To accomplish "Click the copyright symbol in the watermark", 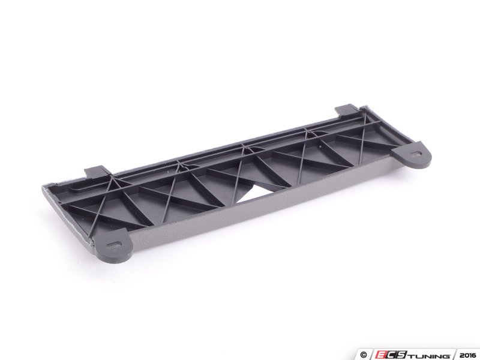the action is (364, 355).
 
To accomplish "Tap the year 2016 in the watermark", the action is (468, 355).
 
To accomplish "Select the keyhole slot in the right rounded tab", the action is (415, 154).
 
